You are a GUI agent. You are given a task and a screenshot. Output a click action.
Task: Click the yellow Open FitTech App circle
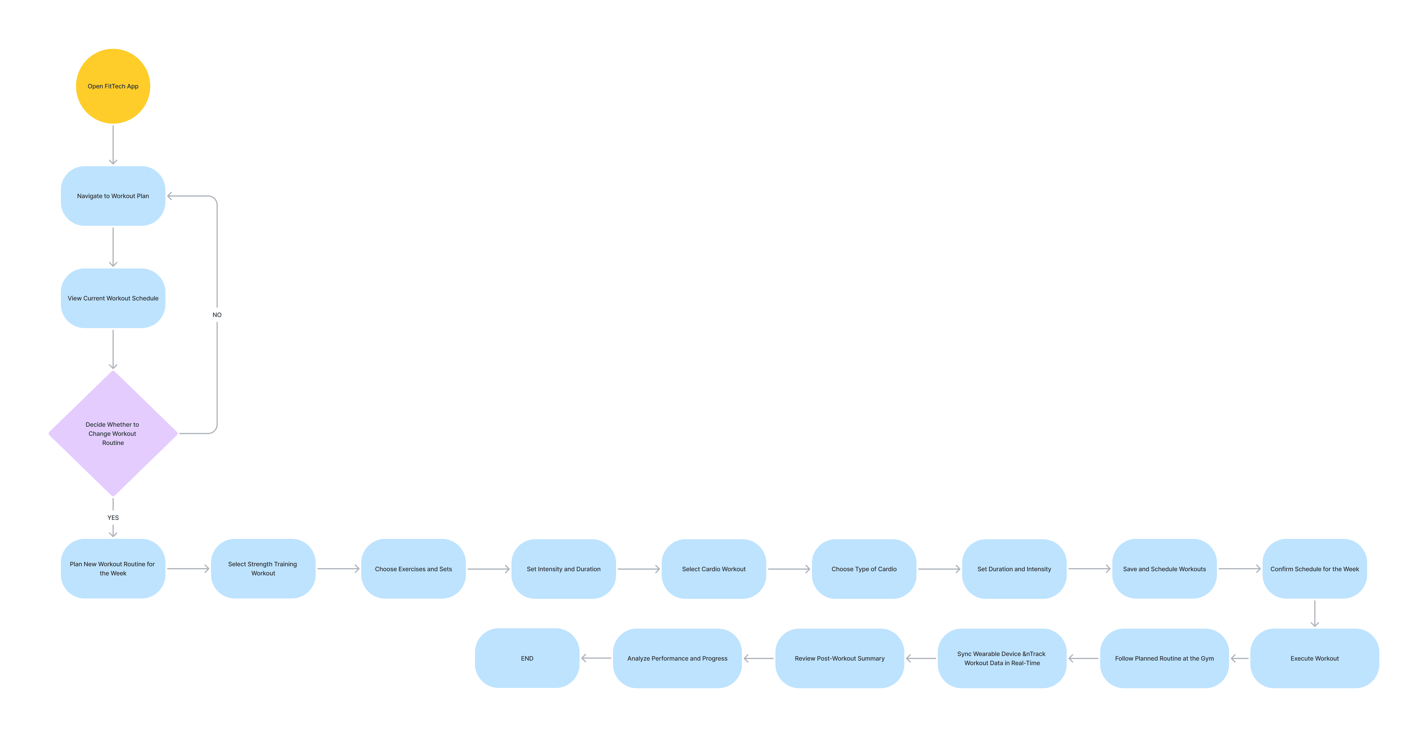tap(113, 87)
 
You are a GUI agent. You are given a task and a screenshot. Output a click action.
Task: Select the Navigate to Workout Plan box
tap(113, 196)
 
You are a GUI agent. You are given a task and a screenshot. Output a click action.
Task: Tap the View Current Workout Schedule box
tap(113, 298)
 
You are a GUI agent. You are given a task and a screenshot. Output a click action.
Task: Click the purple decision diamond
tap(113, 433)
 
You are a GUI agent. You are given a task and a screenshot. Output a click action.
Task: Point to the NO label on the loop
tap(217, 315)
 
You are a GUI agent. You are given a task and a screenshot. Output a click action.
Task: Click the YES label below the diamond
tap(113, 518)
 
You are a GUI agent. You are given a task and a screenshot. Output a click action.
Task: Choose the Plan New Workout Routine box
tap(113, 569)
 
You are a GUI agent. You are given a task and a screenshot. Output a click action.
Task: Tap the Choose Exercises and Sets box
tap(414, 569)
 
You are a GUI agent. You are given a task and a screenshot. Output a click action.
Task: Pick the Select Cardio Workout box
tap(714, 569)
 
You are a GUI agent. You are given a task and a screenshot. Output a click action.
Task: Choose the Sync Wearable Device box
tap(1002, 658)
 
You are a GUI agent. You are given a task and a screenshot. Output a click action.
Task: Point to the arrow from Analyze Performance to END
tap(596, 658)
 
